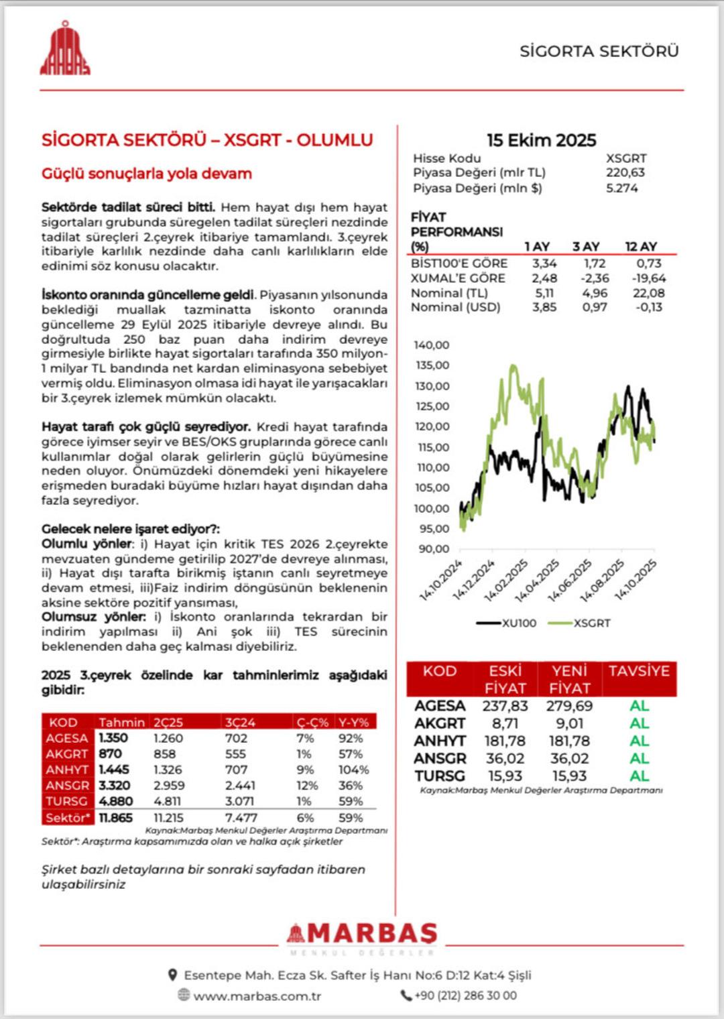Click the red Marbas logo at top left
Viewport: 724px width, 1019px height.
(x=65, y=49)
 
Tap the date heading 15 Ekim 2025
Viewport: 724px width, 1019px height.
(x=541, y=140)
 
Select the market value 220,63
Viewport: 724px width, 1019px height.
(x=625, y=172)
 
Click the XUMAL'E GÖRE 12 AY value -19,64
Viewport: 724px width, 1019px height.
(x=648, y=278)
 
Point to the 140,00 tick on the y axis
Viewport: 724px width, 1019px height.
(x=432, y=345)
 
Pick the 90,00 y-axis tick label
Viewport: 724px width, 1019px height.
(x=434, y=549)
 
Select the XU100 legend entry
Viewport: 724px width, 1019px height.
(x=507, y=623)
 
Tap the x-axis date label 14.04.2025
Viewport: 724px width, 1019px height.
(x=537, y=581)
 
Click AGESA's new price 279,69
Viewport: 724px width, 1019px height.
(x=569, y=706)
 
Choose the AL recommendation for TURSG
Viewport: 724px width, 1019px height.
(x=639, y=776)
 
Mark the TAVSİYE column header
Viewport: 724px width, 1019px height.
(x=639, y=671)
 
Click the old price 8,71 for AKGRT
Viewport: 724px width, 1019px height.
(x=505, y=723)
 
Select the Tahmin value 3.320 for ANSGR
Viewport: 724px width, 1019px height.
(x=114, y=785)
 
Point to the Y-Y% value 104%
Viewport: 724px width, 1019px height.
(x=353, y=770)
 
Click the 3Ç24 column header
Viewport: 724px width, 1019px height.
(x=240, y=723)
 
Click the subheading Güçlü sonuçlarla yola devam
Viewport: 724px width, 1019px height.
(x=147, y=174)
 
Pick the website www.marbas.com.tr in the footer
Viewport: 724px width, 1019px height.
(x=257, y=996)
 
